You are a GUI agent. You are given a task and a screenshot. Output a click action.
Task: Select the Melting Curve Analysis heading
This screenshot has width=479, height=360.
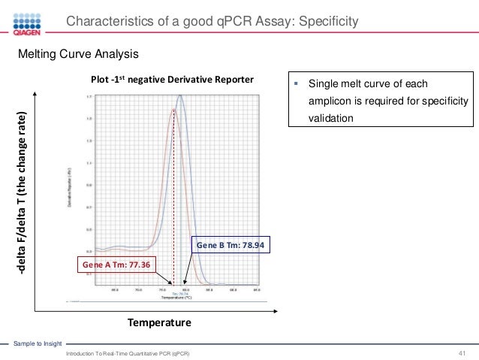[x=78, y=55]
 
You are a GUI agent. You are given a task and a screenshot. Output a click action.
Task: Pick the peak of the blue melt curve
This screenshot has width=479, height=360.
[x=180, y=95]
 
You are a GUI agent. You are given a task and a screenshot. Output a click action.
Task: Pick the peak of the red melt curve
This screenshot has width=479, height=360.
[x=173, y=110]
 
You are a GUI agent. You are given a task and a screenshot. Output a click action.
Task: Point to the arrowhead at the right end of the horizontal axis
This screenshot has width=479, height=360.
[x=277, y=310]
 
